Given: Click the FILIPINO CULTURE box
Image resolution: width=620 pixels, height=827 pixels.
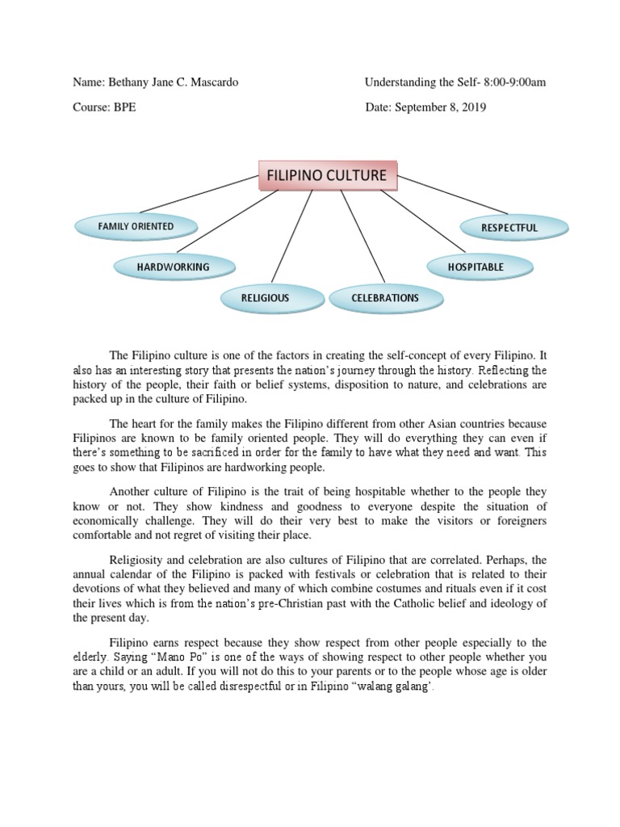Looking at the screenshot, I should tap(326, 175).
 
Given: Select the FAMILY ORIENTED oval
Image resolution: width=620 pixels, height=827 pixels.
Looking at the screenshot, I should tap(136, 227).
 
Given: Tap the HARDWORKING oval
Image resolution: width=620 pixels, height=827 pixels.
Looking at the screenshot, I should tap(173, 267).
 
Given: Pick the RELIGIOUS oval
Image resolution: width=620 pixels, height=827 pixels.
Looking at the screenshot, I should tap(265, 298).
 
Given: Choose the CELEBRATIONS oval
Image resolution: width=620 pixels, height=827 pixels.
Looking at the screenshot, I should tap(385, 298).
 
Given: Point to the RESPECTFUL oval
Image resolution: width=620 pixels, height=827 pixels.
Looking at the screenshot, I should tap(509, 228).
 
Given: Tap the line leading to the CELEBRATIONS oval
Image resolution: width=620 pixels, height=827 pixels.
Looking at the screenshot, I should tap(362, 239).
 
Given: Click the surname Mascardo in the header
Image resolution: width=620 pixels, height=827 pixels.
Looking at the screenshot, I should tap(212, 83).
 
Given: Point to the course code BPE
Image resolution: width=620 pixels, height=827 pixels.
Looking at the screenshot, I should tap(124, 107).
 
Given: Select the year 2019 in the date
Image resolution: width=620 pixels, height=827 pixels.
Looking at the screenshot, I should tap(473, 107).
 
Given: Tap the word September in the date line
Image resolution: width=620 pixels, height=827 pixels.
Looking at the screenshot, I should tap(421, 107).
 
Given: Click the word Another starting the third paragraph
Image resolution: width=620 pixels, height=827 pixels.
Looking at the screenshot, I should tap(130, 492).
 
